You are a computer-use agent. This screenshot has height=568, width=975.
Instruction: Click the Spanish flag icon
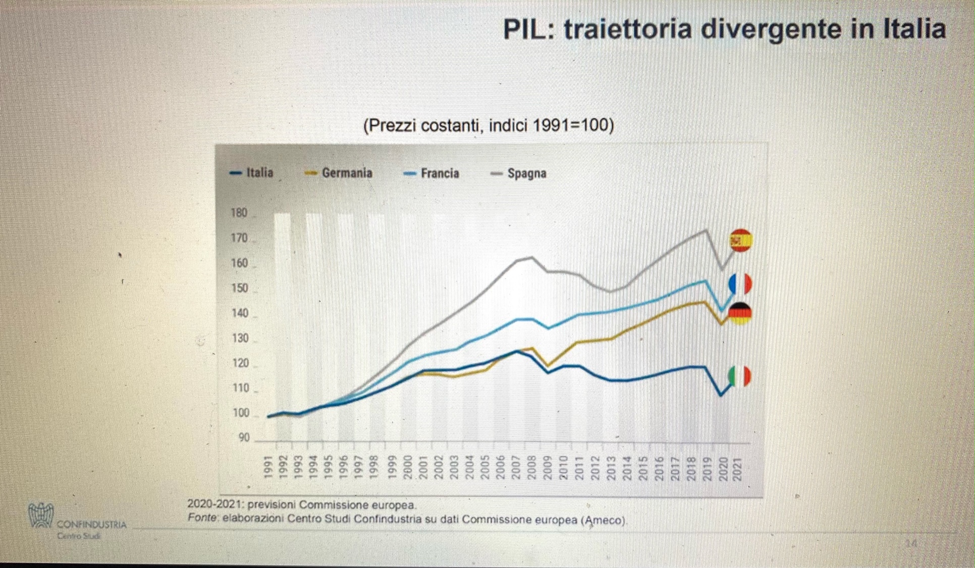pos(741,240)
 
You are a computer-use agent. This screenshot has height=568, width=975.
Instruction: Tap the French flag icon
pos(740,284)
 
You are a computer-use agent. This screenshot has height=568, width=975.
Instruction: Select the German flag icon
pos(740,313)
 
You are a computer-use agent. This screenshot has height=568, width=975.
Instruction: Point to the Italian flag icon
pos(740,376)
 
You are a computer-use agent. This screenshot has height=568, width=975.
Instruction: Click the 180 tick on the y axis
pos(239,213)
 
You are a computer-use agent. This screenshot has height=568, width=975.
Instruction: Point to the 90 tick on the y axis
pos(244,438)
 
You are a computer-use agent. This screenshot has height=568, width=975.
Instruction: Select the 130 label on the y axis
pos(240,338)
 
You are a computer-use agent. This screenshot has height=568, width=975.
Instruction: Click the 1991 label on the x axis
pos(269,467)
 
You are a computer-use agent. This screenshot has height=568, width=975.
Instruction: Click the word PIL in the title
pos(528,29)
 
